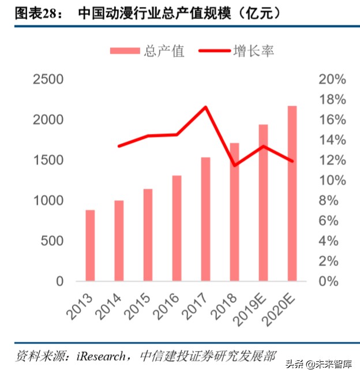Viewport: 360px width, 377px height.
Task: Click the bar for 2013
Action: point(90,245)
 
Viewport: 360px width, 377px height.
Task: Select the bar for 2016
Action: point(177,228)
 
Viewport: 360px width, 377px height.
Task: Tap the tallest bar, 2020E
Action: point(292,193)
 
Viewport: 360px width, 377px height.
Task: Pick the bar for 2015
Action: point(148,235)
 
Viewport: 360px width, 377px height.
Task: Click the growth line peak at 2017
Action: point(205,107)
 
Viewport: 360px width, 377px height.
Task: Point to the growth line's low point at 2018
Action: point(234,165)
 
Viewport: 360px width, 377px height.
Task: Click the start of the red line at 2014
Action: point(119,146)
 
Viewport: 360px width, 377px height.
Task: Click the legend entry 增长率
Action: point(237,51)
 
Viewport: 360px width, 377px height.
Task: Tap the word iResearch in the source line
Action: point(103,356)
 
